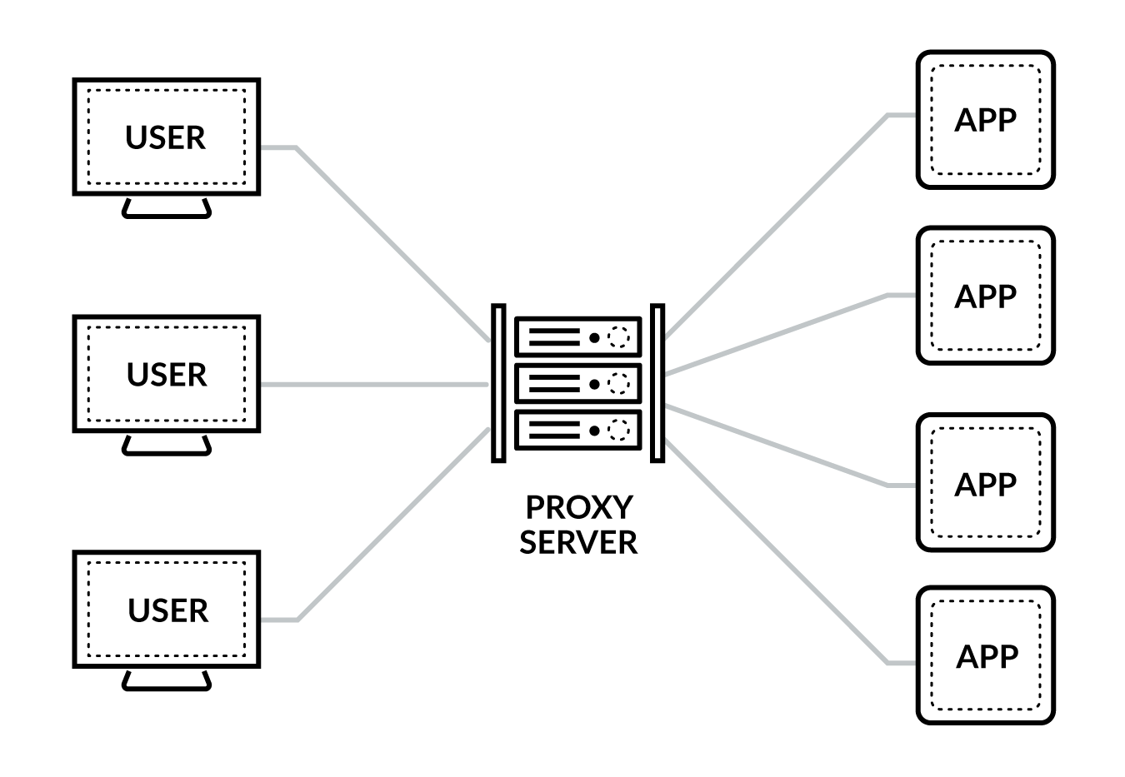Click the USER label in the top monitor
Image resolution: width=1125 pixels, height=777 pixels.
tap(165, 137)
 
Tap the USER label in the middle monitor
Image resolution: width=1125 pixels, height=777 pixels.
tap(167, 375)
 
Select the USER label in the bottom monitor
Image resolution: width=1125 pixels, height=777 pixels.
tap(167, 610)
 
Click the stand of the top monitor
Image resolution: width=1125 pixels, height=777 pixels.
tap(167, 210)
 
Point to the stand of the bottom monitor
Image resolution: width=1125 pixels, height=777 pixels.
tap(167, 682)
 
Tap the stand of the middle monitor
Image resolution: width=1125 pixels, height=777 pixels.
tap(167, 446)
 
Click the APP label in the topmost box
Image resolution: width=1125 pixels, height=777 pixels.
tap(985, 120)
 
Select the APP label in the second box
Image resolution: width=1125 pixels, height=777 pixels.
tap(985, 296)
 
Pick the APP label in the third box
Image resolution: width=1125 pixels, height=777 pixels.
tap(985, 484)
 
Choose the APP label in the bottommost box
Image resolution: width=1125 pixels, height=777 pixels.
tap(986, 657)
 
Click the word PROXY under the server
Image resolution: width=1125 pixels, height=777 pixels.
tap(579, 506)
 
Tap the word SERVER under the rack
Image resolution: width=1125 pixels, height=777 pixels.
tap(578, 542)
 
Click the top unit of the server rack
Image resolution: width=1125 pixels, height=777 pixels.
tap(577, 337)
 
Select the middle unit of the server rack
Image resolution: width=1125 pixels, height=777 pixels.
tap(577, 384)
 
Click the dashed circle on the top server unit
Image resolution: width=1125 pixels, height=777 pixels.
tap(619, 337)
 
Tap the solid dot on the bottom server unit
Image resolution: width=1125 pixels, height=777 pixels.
tap(594, 431)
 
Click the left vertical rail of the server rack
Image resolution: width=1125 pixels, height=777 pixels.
tap(498, 383)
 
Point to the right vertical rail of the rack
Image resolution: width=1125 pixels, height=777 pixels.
tap(657, 383)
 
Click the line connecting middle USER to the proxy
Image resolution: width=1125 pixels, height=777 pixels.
tap(375, 385)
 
